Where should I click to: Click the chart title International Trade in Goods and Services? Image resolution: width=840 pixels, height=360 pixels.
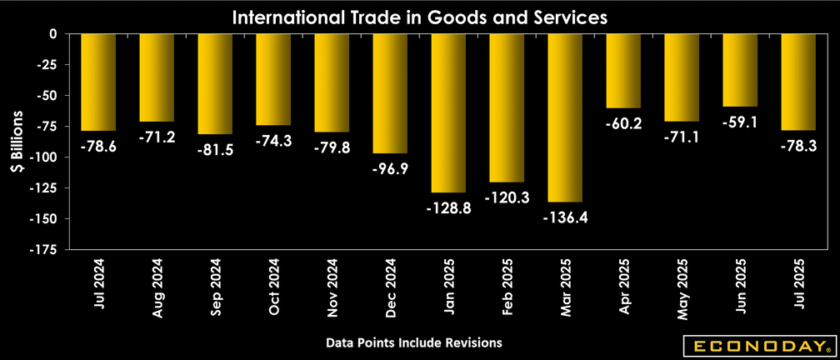[420, 16]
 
